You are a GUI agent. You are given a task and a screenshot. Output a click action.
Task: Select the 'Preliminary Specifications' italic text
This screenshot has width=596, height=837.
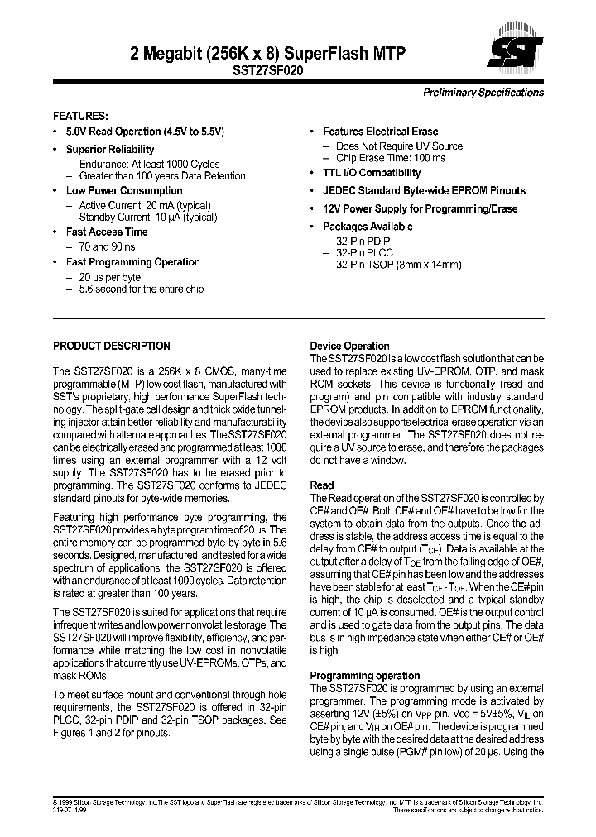[x=483, y=93]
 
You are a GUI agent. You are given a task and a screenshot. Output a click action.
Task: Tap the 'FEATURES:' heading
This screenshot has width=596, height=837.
[x=81, y=116]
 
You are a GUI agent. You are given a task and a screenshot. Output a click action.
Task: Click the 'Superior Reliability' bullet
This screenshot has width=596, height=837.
[x=110, y=150]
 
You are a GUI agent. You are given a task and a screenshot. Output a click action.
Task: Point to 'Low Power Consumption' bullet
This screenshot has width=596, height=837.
[x=124, y=191]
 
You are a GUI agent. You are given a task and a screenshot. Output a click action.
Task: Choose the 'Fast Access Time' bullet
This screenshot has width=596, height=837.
[x=107, y=232]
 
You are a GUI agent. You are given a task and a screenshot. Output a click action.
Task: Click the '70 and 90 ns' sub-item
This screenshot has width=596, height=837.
[x=108, y=247]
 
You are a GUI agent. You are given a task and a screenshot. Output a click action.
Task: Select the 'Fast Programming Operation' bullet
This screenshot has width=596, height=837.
[x=132, y=262]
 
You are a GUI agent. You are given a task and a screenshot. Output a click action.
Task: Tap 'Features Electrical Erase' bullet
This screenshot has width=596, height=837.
[x=380, y=132]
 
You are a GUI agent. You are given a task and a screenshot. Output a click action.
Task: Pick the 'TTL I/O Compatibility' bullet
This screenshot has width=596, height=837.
[x=372, y=173]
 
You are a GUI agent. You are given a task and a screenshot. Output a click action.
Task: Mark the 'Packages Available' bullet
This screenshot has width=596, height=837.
[x=368, y=227]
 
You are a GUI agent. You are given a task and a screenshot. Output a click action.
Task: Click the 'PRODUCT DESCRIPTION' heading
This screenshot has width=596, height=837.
[x=112, y=347]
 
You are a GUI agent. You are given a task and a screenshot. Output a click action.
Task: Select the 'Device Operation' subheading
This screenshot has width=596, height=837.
[x=349, y=347]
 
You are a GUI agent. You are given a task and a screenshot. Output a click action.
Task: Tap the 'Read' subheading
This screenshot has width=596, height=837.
[x=322, y=485]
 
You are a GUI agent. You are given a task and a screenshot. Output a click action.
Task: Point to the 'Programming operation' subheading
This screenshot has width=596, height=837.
[x=365, y=676]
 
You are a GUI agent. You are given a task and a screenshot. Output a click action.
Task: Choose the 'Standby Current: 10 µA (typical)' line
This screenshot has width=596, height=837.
[x=148, y=218]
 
